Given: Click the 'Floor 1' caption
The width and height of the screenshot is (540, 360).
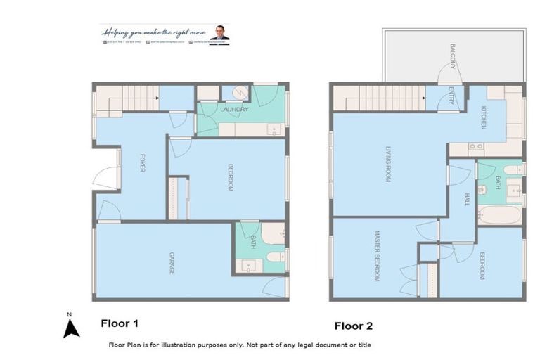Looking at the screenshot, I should pos(120,323).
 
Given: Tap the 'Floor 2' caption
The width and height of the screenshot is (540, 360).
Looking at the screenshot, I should pos(353,326).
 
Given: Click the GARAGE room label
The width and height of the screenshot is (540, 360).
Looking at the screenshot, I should pos(171,262).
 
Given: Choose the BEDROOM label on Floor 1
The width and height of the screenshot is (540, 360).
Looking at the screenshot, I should pos(230,177).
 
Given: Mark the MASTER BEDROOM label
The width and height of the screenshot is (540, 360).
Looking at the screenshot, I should pos(378,256).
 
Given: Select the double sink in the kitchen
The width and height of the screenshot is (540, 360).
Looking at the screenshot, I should pos(475,147).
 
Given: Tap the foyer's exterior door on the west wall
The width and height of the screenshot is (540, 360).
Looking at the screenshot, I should pos(105,176).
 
